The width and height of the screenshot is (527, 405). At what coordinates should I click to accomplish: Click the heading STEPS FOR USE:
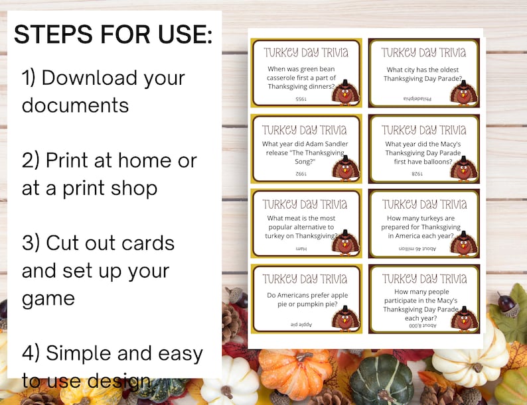click(113, 34)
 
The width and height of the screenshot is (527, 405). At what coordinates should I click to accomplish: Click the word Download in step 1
click(113, 78)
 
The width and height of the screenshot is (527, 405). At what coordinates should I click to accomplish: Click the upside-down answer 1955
click(301, 99)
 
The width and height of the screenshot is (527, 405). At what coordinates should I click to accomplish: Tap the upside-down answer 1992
click(301, 174)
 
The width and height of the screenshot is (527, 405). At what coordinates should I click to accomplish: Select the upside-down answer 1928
click(417, 174)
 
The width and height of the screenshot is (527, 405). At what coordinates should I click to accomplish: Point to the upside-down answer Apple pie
click(301, 324)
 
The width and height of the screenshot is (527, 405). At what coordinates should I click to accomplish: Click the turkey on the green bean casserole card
click(344, 93)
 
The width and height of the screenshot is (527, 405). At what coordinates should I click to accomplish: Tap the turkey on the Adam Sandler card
click(344, 168)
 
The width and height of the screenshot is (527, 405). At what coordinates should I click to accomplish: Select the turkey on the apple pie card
click(344, 319)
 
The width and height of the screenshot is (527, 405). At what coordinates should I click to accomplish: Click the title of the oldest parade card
click(423, 52)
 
